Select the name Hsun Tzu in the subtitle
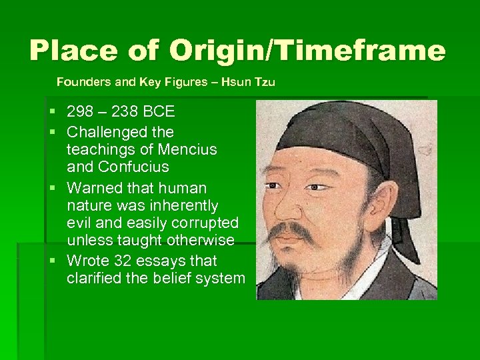point(249,83)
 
